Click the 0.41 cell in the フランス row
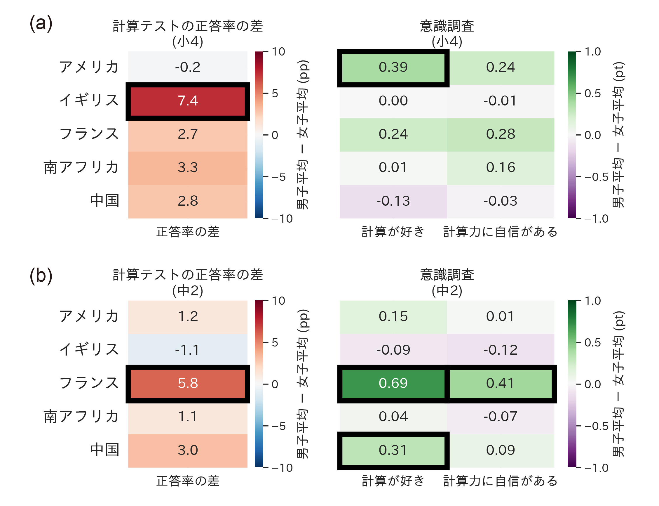pyautogui.click(x=500, y=383)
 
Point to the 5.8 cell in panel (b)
pyautogui.click(x=187, y=383)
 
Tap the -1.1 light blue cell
pyautogui.click(x=187, y=350)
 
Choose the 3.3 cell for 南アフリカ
pyautogui.click(x=187, y=168)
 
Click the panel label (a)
pyautogui.click(x=41, y=23)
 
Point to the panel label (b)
pyautogui.click(x=41, y=276)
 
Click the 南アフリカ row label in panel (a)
pyautogui.click(x=81, y=167)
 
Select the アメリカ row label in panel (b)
pyautogui.click(x=89, y=316)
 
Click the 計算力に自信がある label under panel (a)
pyautogui.click(x=500, y=232)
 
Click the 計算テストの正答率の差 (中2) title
pyautogui.click(x=187, y=283)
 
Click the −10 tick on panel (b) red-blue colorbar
pyautogui.click(x=282, y=468)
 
